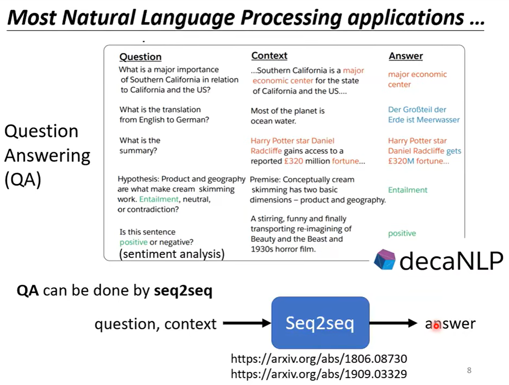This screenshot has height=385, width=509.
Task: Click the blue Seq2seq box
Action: pyautogui.click(x=320, y=323)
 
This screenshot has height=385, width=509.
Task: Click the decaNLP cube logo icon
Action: pyautogui.click(x=385, y=260)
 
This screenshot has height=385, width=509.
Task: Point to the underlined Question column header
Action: pyautogui.click(x=140, y=57)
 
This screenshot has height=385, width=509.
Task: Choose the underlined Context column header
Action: pyautogui.click(x=269, y=56)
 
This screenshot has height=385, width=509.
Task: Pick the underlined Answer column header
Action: pyautogui.click(x=405, y=56)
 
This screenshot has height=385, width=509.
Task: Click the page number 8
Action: pyautogui.click(x=469, y=370)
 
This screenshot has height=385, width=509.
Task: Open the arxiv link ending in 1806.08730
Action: pyautogui.click(x=319, y=359)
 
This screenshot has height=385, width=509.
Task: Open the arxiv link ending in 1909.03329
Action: pyautogui.click(x=319, y=374)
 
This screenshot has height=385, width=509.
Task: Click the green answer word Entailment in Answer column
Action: pyautogui.click(x=407, y=190)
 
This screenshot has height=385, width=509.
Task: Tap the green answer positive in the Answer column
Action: pyautogui.click(x=402, y=234)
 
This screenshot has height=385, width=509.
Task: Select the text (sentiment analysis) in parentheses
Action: pyautogui.click(x=172, y=254)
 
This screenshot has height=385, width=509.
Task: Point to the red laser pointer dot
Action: pyautogui.click(x=436, y=326)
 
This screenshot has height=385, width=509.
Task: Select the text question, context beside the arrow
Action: pyautogui.click(x=156, y=324)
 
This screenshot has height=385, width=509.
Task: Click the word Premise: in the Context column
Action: pyautogui.click(x=265, y=179)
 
